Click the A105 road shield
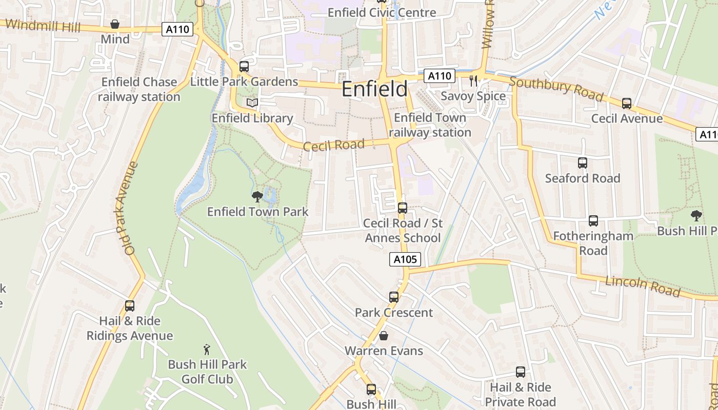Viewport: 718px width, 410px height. [405, 260]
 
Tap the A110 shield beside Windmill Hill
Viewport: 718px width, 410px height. [178, 29]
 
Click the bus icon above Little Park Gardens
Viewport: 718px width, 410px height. [244, 67]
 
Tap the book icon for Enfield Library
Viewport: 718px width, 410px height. [252, 103]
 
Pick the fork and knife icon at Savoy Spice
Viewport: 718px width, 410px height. [473, 80]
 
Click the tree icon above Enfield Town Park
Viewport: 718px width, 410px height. [257, 196]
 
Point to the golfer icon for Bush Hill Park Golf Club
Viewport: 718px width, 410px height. [207, 350]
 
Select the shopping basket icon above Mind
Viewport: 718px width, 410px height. [115, 24]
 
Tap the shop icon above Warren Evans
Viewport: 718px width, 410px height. [383, 336]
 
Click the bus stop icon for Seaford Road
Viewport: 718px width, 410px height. [583, 163]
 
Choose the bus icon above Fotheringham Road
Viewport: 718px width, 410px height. [593, 221]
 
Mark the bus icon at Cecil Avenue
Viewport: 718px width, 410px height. [627, 104]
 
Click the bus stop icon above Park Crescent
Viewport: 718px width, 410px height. [394, 297]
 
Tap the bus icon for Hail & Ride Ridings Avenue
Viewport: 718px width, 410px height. [130, 306]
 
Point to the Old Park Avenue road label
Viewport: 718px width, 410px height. [126, 208]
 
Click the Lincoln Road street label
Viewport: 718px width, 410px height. [643, 286]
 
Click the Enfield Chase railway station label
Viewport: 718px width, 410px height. [139, 89]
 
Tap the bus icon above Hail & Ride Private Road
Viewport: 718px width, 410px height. [521, 372]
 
